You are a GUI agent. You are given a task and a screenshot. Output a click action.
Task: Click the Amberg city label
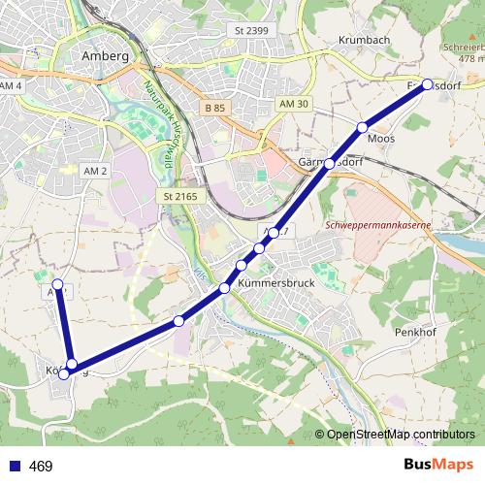[x=107, y=56]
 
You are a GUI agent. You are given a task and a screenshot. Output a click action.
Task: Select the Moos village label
[x=380, y=139]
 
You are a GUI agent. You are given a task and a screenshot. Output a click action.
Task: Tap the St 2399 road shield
[x=251, y=31]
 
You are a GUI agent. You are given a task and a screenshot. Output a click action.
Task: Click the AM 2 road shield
[x=95, y=171]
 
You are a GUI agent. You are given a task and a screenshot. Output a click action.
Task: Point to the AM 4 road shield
[x=12, y=87]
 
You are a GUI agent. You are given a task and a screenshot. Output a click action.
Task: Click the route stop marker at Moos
[x=364, y=128]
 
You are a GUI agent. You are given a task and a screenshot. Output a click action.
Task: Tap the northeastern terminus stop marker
[x=428, y=83]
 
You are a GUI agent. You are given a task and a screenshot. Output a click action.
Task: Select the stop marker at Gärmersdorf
[x=330, y=164]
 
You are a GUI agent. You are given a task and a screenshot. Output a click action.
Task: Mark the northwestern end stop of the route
[x=57, y=284]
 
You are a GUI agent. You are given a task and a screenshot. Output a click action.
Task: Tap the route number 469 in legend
[x=41, y=467]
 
